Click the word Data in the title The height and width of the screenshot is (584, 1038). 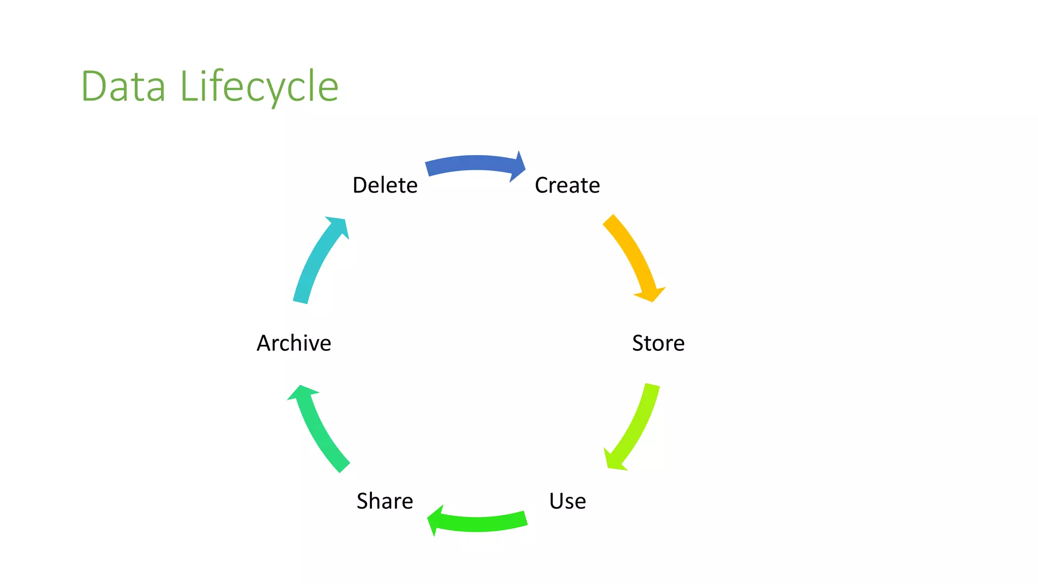[123, 87]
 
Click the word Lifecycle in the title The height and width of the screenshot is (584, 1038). [259, 87]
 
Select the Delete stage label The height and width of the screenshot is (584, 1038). [385, 185]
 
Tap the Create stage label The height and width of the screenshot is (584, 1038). [567, 185]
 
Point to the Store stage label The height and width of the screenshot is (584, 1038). [658, 343]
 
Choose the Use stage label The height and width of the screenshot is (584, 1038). [568, 501]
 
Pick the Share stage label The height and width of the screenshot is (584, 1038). [385, 501]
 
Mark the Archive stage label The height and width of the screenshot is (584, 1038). [294, 343]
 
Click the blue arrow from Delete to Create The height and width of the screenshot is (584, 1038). [471, 163]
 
